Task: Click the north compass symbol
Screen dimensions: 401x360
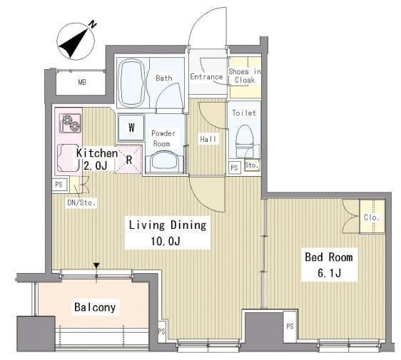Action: tap(76, 41)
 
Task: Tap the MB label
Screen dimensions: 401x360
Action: tap(82, 82)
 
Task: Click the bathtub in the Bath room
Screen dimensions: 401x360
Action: tap(132, 83)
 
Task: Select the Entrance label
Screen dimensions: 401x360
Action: tap(206, 77)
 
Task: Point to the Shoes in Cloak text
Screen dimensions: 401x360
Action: tap(245, 76)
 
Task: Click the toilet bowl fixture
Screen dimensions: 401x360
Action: tap(244, 141)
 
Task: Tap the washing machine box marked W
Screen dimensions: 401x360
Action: tap(131, 128)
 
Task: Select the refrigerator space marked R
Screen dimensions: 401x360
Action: tap(128, 160)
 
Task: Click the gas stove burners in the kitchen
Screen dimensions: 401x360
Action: tap(71, 123)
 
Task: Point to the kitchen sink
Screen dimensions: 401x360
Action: tap(68, 158)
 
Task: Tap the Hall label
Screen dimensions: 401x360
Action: tap(208, 139)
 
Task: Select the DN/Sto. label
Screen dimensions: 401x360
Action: tap(81, 203)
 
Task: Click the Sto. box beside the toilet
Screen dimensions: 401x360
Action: tap(252, 165)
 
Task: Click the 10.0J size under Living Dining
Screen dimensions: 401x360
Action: tap(166, 241)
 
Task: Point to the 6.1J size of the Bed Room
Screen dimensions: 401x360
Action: tap(329, 273)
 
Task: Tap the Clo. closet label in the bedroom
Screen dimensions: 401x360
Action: tap(371, 217)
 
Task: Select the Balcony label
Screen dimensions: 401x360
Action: tap(95, 307)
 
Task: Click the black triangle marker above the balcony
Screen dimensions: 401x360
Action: tap(96, 266)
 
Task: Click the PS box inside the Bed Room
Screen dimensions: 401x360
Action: tap(290, 326)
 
